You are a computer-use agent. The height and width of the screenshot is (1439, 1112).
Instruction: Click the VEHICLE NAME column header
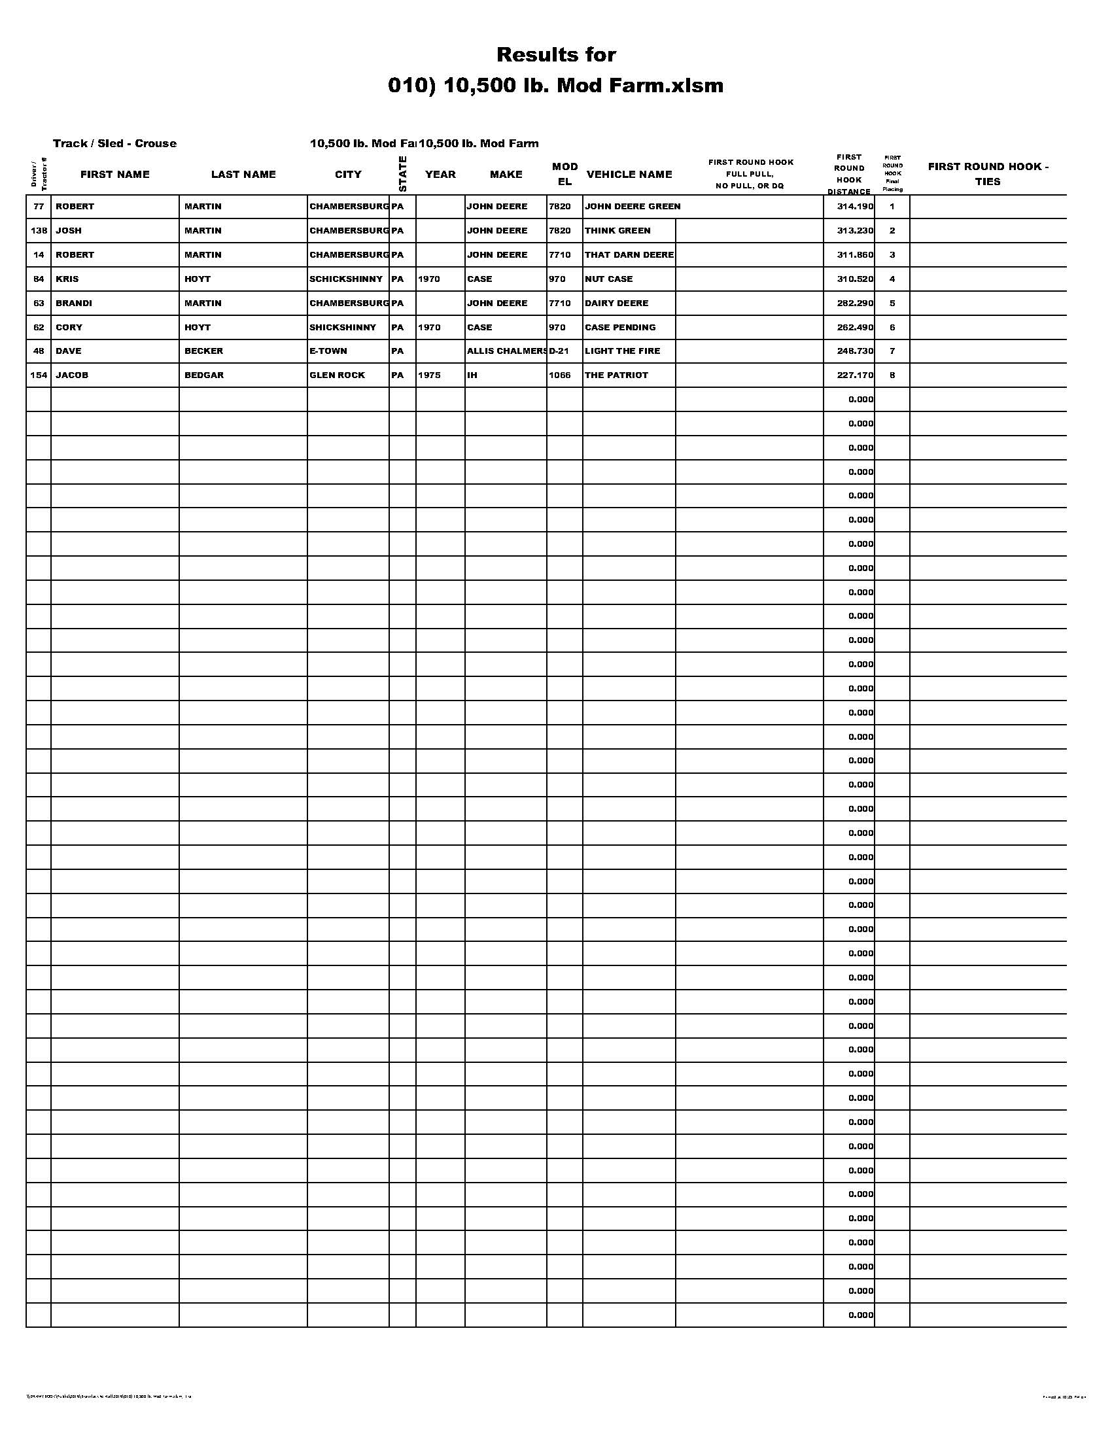(x=629, y=175)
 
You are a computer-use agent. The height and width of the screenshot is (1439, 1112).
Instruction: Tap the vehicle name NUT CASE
(x=609, y=279)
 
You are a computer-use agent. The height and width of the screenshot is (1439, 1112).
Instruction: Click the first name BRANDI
(x=74, y=303)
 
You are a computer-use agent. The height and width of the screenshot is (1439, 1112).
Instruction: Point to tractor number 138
(x=39, y=232)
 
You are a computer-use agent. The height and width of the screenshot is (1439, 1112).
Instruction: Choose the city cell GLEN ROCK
(x=338, y=375)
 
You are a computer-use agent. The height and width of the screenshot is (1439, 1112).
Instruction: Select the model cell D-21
(x=559, y=351)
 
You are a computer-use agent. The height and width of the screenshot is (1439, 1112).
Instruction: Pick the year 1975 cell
(x=429, y=375)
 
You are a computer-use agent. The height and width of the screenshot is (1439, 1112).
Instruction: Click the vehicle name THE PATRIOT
(x=616, y=375)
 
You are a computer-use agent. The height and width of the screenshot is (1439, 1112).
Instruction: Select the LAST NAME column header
(x=243, y=175)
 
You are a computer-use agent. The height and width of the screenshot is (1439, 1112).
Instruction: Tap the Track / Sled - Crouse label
(x=114, y=144)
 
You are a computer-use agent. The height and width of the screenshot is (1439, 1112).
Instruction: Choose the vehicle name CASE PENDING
(x=620, y=328)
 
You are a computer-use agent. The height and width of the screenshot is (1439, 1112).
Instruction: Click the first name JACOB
(x=72, y=375)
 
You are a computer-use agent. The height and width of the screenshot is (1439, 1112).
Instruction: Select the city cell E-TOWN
(x=328, y=351)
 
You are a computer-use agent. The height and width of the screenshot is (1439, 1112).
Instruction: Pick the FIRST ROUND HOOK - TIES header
(x=988, y=174)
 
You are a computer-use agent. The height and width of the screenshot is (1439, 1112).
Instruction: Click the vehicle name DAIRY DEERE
(x=616, y=303)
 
